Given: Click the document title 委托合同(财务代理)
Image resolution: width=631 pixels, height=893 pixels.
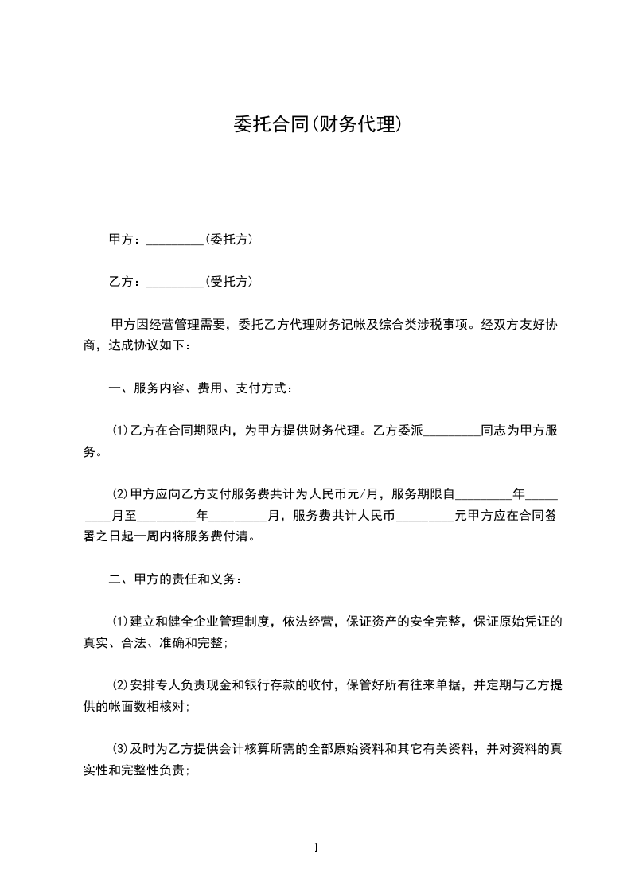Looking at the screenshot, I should (x=315, y=124).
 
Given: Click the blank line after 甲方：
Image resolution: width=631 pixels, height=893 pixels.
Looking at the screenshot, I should (x=176, y=240).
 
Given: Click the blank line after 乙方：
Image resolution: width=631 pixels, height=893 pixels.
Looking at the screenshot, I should (x=176, y=282).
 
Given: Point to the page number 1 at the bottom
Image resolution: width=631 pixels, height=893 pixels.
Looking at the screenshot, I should (x=316, y=848).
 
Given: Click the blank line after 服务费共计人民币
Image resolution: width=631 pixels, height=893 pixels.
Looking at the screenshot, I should (x=424, y=516).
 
